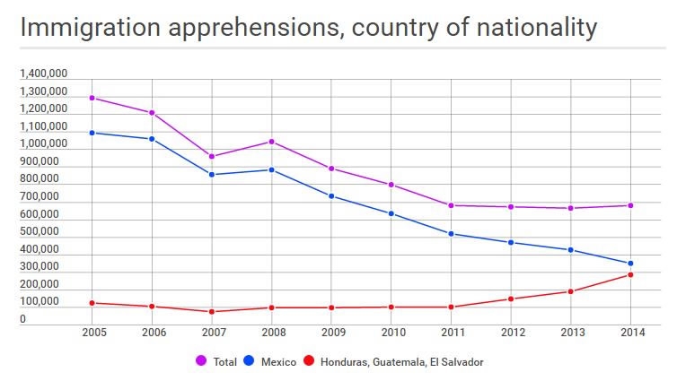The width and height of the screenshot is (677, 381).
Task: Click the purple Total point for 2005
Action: click(92, 98)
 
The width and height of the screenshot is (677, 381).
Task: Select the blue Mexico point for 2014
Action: click(631, 264)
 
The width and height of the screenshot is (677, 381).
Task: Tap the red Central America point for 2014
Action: click(631, 274)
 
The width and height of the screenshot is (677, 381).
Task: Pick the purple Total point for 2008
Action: click(271, 142)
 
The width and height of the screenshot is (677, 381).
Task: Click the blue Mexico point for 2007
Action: click(211, 174)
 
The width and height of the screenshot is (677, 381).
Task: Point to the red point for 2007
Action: click(211, 312)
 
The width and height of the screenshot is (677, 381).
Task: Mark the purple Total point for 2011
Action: click(451, 205)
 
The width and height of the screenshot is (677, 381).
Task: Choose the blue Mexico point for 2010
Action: click(391, 213)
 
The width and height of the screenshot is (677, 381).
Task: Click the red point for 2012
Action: click(511, 299)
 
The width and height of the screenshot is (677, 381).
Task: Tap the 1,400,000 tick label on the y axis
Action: click(43, 74)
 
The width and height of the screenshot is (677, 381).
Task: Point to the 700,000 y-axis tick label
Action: click(40, 196)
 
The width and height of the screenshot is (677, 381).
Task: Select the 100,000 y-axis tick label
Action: click(40, 302)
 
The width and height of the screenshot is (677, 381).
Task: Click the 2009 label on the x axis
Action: click(331, 332)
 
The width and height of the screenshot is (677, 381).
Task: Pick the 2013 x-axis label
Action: click(571, 332)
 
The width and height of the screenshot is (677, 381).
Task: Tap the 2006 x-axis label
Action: click(152, 332)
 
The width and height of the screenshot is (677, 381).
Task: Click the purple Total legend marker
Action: click(201, 361)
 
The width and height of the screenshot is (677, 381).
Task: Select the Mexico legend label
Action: click(279, 362)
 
